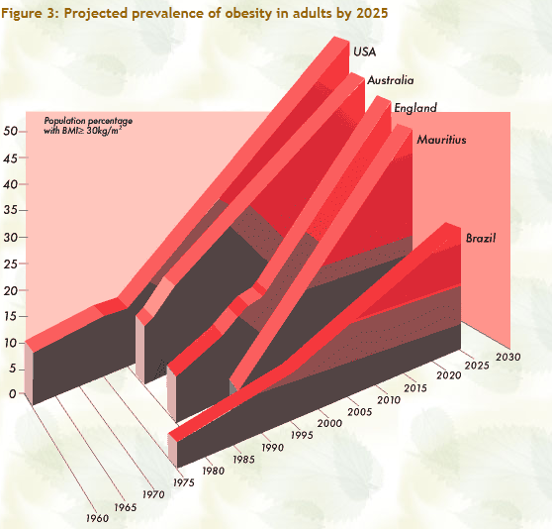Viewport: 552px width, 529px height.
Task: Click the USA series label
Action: [365, 52]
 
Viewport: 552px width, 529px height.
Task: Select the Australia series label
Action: [391, 80]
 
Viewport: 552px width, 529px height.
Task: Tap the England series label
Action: [415, 108]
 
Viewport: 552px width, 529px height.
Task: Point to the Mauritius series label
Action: [441, 140]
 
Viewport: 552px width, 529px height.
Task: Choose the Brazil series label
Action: [480, 239]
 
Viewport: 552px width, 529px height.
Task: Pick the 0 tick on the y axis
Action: [11, 394]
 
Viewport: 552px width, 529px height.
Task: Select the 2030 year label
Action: [509, 358]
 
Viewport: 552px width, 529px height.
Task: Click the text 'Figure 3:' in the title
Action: [31, 13]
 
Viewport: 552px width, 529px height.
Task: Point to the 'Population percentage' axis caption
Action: [88, 121]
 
